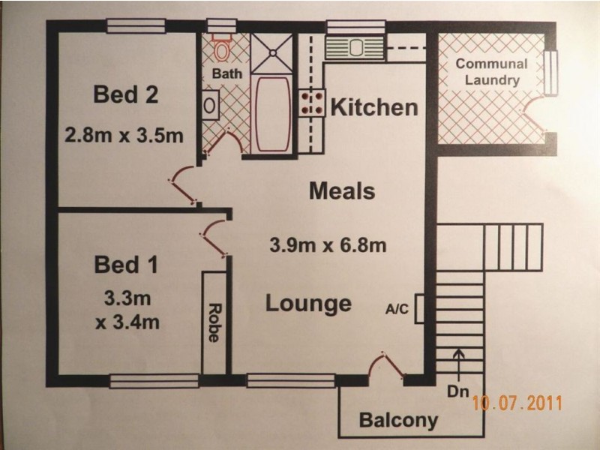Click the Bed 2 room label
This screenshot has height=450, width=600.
[125, 94]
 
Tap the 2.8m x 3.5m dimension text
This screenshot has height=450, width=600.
[124, 135]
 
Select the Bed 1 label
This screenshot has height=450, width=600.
[126, 265]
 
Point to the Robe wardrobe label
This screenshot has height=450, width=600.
[214, 322]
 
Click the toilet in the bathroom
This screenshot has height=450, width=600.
[221, 47]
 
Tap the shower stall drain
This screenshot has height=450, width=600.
[273, 52]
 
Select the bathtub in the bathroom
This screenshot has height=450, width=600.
[272, 115]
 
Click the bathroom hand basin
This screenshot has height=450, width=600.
[210, 105]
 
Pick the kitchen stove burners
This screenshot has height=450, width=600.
[312, 103]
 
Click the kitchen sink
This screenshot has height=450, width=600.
[355, 48]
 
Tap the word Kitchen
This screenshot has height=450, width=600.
[373, 107]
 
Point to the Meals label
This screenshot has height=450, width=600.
[342, 190]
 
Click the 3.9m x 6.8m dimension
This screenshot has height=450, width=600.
[328, 245]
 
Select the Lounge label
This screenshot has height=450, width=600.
[308, 304]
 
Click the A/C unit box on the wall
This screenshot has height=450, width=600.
[419, 308]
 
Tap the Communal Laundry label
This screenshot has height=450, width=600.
[492, 72]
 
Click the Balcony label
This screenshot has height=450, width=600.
[398, 420]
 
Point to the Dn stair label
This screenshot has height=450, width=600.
[458, 391]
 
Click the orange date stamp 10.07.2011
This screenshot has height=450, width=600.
[517, 403]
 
